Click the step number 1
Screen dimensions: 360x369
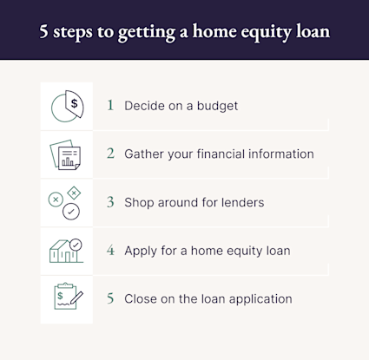click(110, 106)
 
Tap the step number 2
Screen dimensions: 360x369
click(110, 154)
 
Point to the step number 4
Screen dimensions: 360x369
click(110, 251)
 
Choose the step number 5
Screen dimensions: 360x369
click(110, 298)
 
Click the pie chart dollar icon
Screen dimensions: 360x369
click(67, 107)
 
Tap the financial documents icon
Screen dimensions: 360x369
click(66, 155)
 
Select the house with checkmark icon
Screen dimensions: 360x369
click(66, 251)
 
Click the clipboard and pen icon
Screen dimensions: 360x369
click(66, 298)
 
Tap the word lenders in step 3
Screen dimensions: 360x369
click(238, 203)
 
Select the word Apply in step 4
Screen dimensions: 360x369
click(142, 252)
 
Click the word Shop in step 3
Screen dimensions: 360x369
click(140, 203)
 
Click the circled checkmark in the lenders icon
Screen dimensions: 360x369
click(73, 211)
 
